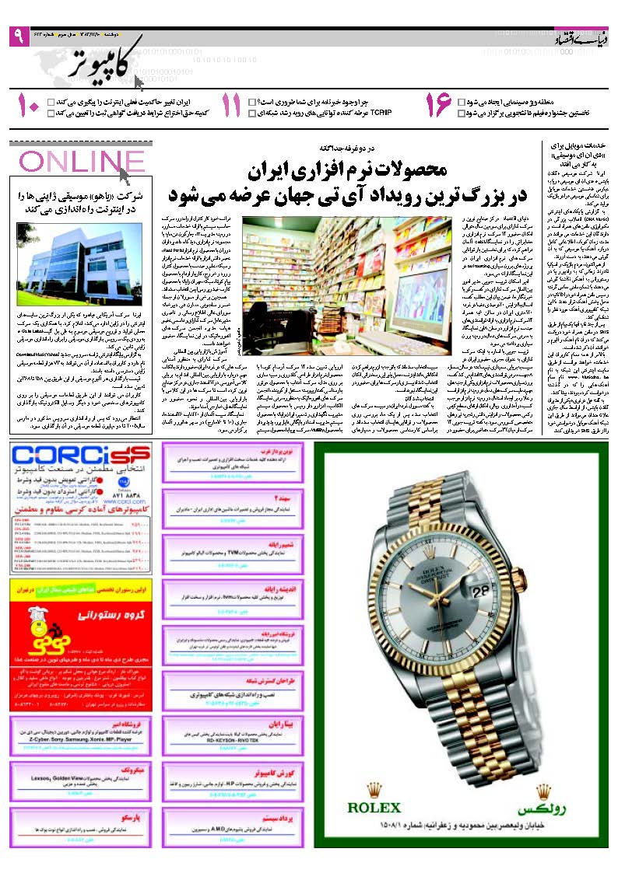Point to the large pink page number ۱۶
[438, 106]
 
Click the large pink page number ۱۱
[231, 106]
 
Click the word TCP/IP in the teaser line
[380, 113]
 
